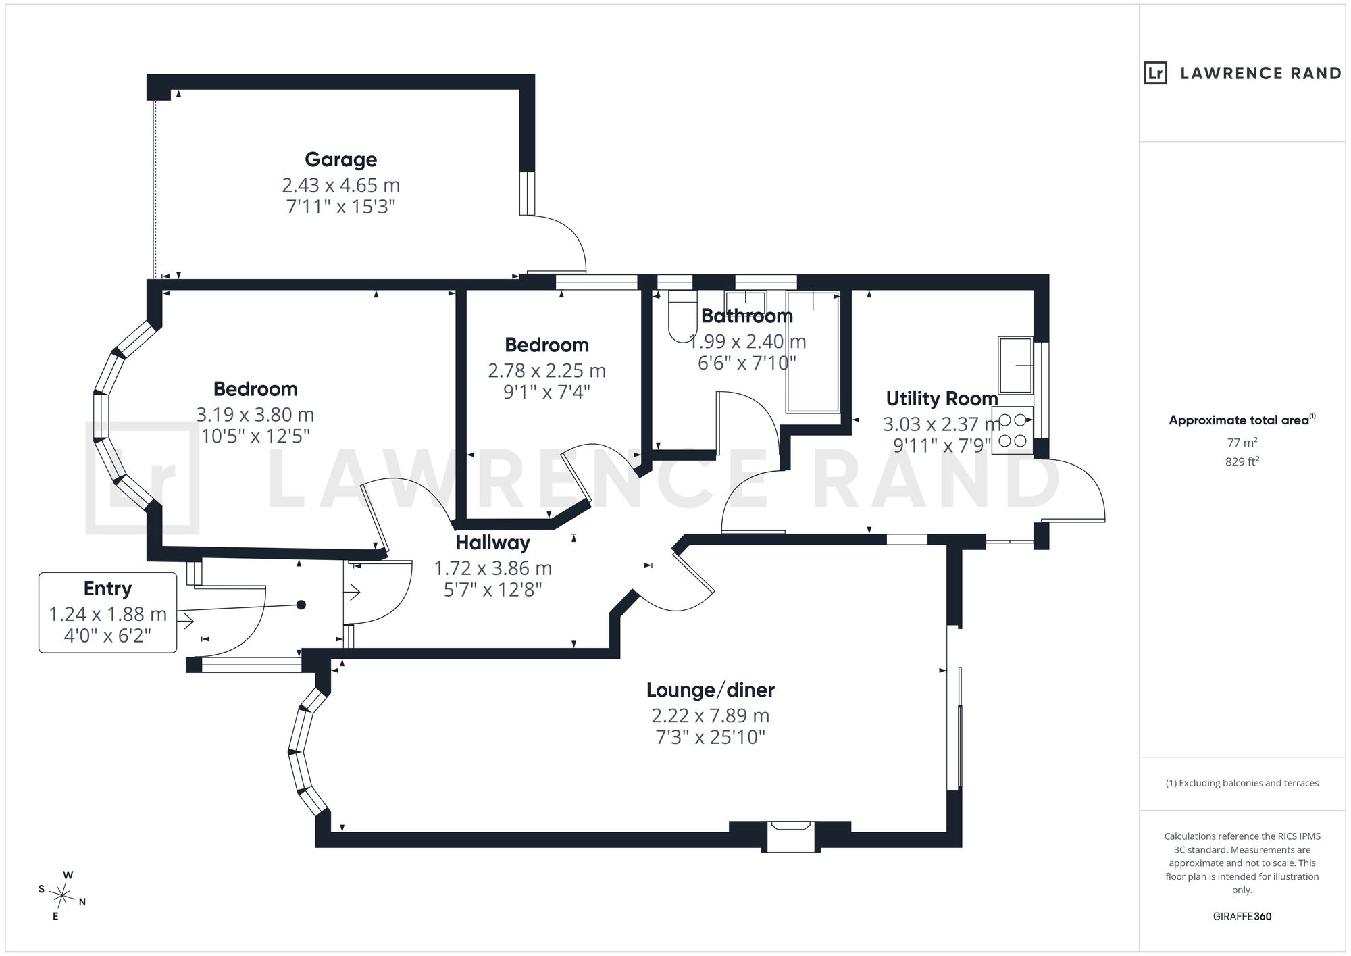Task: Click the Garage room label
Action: tap(340, 160)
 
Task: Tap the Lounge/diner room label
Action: tap(710, 690)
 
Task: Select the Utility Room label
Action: tap(942, 399)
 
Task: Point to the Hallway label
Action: tap(492, 543)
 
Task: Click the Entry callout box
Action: tap(108, 612)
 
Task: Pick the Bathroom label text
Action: tap(746, 316)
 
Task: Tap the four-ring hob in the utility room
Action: tap(1013, 430)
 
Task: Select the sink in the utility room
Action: tap(1016, 366)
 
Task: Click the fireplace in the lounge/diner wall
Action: tap(790, 836)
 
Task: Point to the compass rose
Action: tap(62, 897)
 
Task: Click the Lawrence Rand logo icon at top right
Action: tap(1156, 73)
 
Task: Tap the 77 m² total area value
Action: tap(1242, 443)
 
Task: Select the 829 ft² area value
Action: tap(1242, 461)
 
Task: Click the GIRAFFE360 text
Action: tap(1242, 916)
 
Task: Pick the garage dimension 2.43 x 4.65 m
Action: tap(340, 184)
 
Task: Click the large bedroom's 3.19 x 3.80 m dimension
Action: tap(255, 414)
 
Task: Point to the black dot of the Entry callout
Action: tap(301, 605)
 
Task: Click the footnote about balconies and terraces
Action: tap(1242, 783)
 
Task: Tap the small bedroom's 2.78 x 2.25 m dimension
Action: tap(547, 370)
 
